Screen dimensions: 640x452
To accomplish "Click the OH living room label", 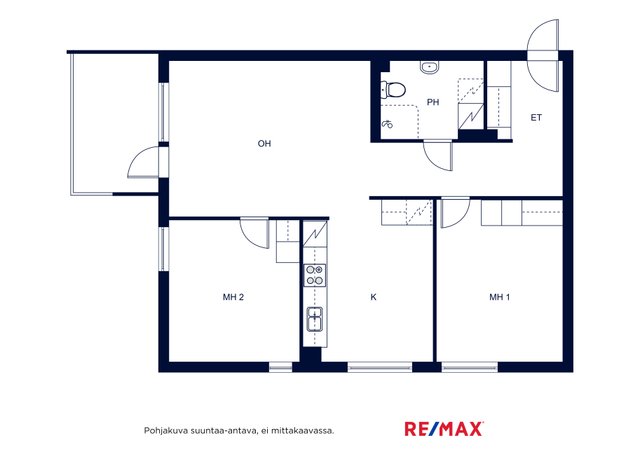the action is pyautogui.click(x=264, y=143).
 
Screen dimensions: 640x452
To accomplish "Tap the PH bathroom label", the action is pyautogui.click(x=433, y=102).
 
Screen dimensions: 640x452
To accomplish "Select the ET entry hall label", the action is pyautogui.click(x=536, y=118).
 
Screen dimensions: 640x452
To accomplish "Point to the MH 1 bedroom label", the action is pyautogui.click(x=499, y=297).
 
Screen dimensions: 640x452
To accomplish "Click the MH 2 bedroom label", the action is pyautogui.click(x=233, y=297).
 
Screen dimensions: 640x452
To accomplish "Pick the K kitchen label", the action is pyautogui.click(x=373, y=297).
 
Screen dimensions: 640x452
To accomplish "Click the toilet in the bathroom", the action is pyautogui.click(x=393, y=90).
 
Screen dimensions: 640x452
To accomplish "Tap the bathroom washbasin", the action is pyautogui.click(x=429, y=67).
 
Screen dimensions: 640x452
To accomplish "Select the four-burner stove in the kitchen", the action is pyautogui.click(x=315, y=275).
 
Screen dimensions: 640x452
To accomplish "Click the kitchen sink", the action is pyautogui.click(x=315, y=318).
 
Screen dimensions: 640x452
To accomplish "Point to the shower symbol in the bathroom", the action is pyautogui.click(x=387, y=123).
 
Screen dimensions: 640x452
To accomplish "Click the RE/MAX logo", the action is pyautogui.click(x=444, y=429).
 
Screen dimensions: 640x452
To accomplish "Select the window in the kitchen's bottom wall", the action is pyautogui.click(x=380, y=367).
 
